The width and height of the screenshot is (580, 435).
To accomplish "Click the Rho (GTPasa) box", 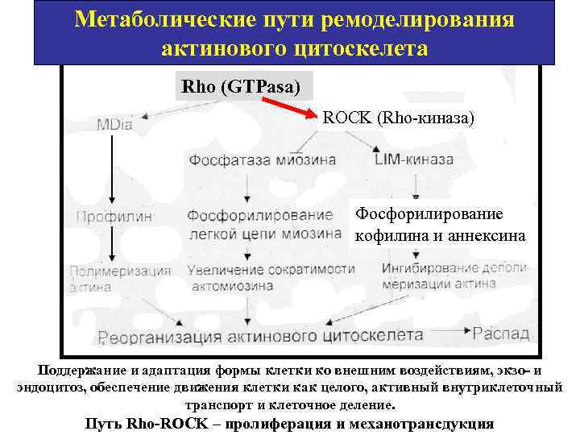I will [239, 86].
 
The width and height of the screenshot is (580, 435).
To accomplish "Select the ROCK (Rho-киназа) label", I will [399, 118].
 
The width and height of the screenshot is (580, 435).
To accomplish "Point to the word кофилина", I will [389, 236].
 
